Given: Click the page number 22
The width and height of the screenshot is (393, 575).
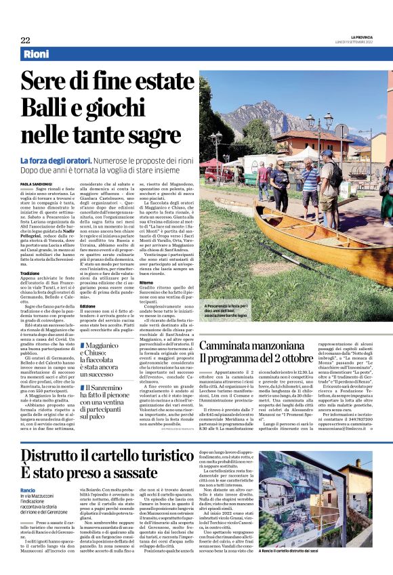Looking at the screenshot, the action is (x=25, y=40).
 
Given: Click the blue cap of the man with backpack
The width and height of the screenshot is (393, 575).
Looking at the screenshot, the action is (x=326, y=152).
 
